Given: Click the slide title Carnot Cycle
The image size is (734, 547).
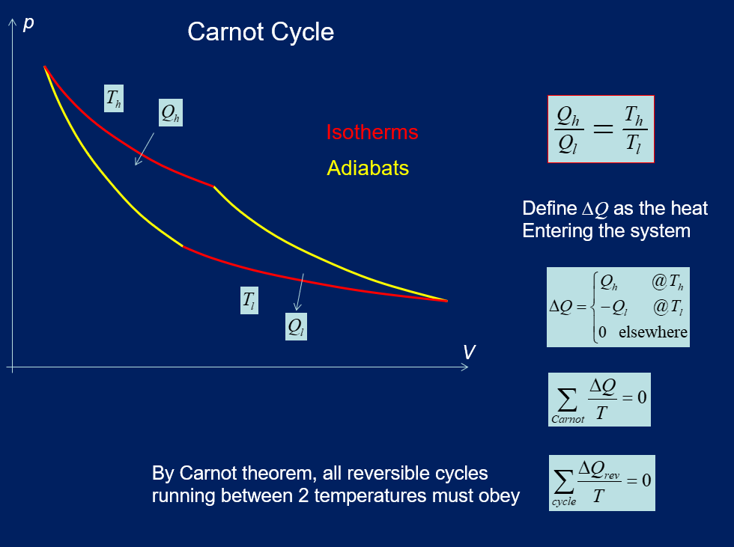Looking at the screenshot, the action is (260, 32).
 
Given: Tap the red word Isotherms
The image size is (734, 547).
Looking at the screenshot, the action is (371, 132).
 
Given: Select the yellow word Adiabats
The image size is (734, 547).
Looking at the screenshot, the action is (368, 168).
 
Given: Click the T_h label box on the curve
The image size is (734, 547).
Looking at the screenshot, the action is (114, 97).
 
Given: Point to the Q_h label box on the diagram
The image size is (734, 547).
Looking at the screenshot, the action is (170, 112).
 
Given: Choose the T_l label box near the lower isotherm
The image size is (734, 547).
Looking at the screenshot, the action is (249, 301).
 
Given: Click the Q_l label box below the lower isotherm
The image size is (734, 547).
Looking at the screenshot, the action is (297, 327).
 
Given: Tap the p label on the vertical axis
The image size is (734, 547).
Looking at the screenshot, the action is (28, 22).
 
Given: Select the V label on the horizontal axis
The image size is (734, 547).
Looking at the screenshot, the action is (469, 352).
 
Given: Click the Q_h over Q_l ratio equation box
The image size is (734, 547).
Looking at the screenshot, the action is (601, 129).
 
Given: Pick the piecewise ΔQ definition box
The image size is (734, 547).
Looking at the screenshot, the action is (617, 307).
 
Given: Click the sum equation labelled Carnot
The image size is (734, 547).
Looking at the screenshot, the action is (599, 399).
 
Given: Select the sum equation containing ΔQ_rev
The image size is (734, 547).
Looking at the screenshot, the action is (601, 483).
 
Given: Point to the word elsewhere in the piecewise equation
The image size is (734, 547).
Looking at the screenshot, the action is (652, 331).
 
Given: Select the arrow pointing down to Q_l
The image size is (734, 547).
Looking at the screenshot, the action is (300, 293).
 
